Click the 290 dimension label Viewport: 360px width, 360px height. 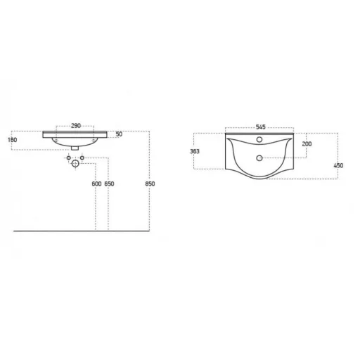(x=76, y=126)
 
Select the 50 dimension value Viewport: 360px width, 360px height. (x=119, y=134)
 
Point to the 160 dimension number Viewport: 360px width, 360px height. (x=13, y=140)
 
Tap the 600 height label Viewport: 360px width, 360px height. (x=96, y=184)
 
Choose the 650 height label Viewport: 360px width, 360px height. (x=109, y=184)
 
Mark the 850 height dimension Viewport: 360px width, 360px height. (x=150, y=184)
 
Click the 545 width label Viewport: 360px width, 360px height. (x=261, y=127)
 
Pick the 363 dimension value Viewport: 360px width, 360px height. (x=195, y=151)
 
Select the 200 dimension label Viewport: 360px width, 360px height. (x=307, y=144)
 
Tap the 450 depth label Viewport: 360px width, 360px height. (x=338, y=165)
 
